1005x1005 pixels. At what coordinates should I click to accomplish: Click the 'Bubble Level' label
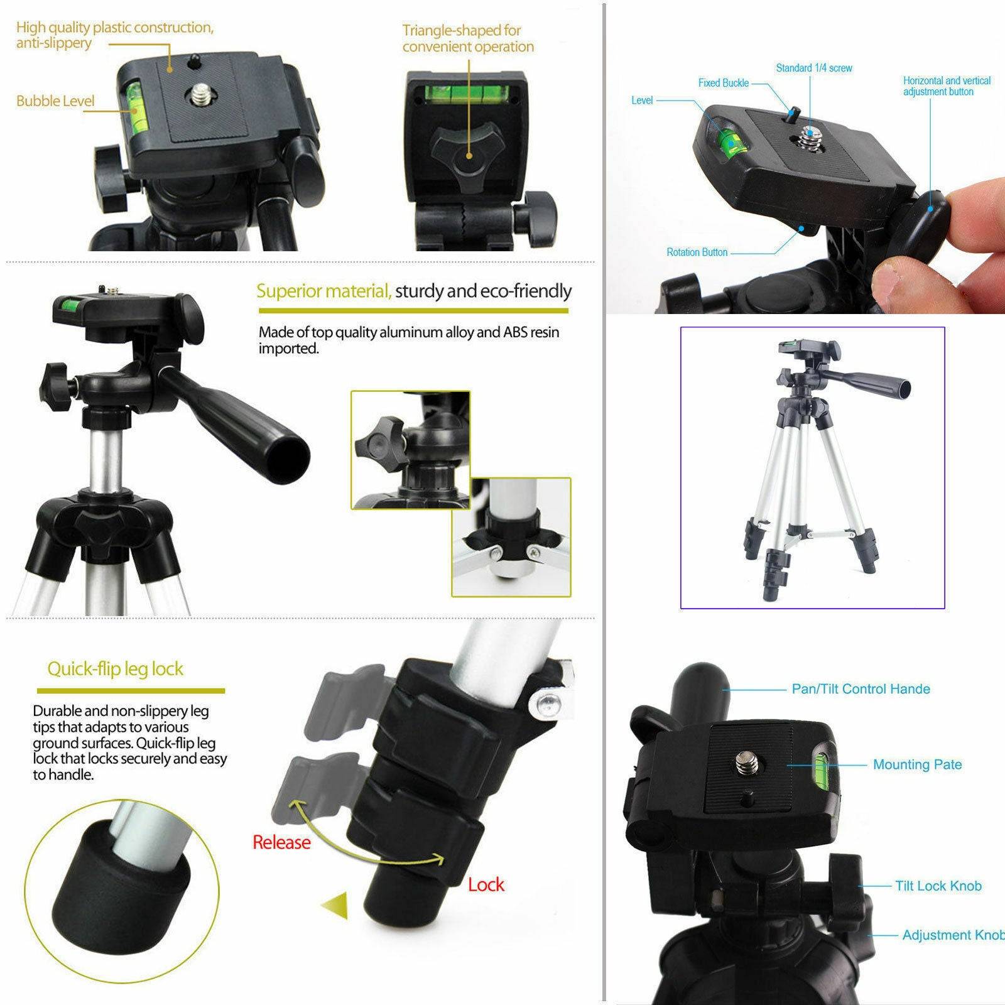(55, 101)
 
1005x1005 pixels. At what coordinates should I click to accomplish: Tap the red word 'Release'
(281, 842)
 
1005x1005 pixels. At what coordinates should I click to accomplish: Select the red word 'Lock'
(486, 884)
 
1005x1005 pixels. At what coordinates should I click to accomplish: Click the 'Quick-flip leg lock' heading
(116, 669)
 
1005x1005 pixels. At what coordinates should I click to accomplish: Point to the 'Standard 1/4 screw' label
(813, 68)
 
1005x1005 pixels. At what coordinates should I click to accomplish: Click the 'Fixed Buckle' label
(723, 83)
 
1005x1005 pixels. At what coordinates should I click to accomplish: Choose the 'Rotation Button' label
(697, 253)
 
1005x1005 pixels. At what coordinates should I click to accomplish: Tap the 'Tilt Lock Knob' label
(938, 886)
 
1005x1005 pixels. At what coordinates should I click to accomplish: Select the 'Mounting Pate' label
(917, 764)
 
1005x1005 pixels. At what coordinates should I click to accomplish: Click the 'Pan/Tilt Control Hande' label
(861, 689)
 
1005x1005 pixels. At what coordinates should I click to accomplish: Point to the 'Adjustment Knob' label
(952, 935)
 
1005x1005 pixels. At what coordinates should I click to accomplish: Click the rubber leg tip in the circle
(119, 879)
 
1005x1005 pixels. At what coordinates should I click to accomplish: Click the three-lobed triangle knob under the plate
(468, 151)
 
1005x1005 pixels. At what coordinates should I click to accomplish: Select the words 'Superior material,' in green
(324, 291)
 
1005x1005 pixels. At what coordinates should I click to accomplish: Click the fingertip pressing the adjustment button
(980, 201)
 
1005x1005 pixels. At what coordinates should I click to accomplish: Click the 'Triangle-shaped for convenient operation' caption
(468, 38)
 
